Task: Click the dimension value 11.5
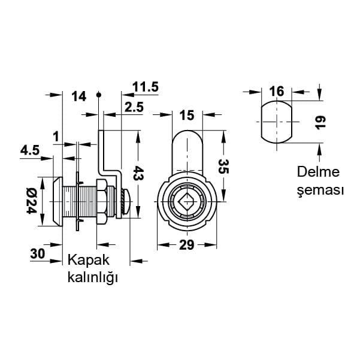pos(146,87)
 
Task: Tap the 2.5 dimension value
pos(134,107)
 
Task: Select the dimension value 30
pos(38,253)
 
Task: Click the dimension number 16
pos(276,91)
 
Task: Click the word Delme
pos(319,173)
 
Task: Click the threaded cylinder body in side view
pos(78,202)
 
